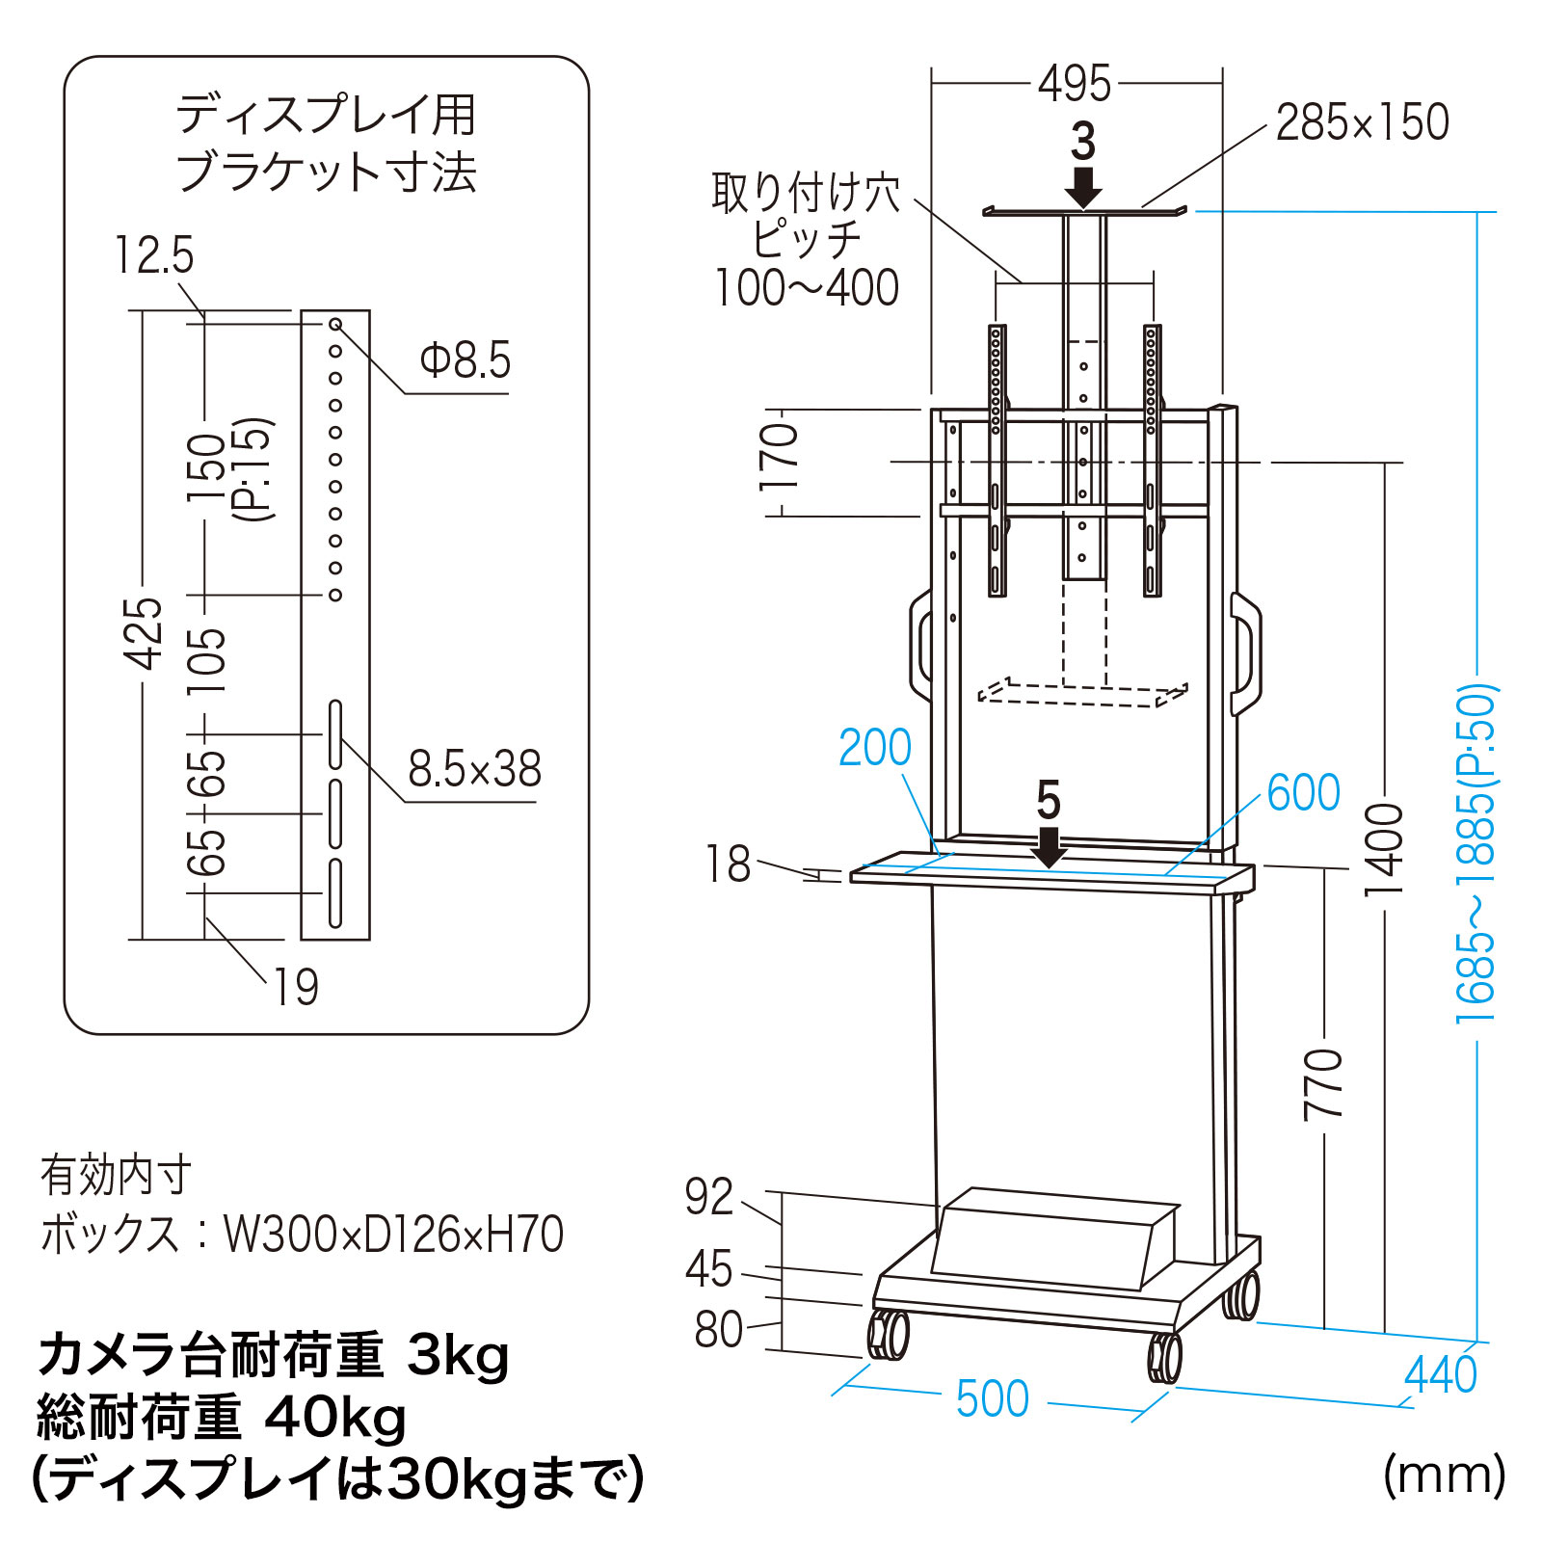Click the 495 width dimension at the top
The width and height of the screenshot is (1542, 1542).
tap(1074, 85)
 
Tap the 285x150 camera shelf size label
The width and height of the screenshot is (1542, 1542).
tap(1362, 122)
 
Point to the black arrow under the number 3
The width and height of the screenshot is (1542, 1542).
tap(1083, 187)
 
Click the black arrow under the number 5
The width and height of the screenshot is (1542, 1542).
tap(1049, 847)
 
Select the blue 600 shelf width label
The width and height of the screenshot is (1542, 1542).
tap(1303, 792)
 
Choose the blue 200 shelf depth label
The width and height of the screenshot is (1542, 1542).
tap(874, 747)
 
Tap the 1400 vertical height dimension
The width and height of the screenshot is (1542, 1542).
tap(1385, 849)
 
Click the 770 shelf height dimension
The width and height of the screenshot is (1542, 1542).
tap(1324, 1084)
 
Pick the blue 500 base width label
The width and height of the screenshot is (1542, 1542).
tap(993, 1398)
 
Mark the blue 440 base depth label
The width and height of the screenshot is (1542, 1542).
tap(1440, 1374)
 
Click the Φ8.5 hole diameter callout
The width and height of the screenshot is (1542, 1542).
tap(465, 361)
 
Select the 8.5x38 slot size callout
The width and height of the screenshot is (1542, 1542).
tap(474, 769)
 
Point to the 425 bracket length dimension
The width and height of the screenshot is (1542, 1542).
tap(144, 632)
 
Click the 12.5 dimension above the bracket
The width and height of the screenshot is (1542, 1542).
tap(154, 255)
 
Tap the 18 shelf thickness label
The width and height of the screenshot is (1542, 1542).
tap(728, 864)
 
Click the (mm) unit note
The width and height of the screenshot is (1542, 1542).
tap(1443, 1476)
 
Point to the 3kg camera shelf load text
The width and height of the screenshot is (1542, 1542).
tap(458, 1355)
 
